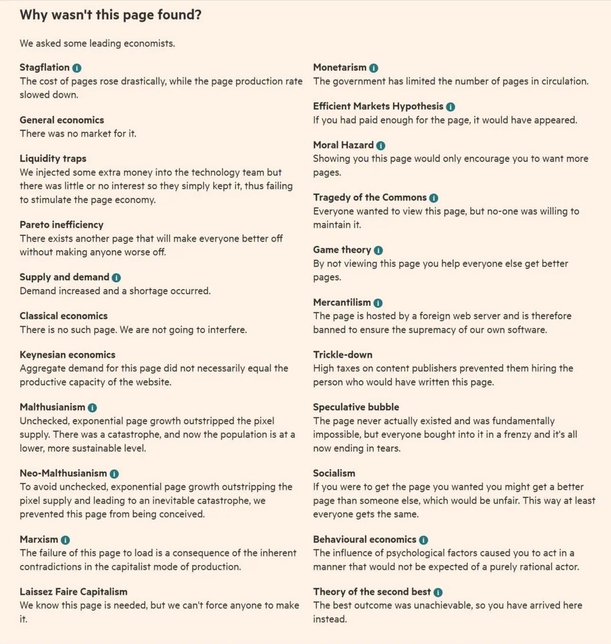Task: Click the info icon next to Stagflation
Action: (77, 68)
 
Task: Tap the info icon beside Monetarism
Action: (374, 68)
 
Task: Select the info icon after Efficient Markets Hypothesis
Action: (450, 107)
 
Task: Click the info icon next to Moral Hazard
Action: (380, 146)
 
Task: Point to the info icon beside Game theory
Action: (378, 250)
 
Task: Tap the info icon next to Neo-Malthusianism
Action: (114, 474)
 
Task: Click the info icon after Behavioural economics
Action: (423, 540)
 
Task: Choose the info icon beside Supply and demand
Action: (116, 278)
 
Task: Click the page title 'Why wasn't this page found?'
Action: (110, 15)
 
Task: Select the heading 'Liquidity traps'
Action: (53, 159)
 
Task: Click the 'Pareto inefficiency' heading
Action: (62, 225)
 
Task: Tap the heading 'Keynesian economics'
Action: (68, 355)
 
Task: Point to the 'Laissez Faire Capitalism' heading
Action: (73, 592)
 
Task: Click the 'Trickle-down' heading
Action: (343, 355)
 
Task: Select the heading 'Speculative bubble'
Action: (356, 407)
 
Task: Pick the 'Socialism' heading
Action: (334, 473)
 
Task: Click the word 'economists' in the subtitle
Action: (149, 44)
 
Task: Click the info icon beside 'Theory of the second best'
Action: (438, 592)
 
